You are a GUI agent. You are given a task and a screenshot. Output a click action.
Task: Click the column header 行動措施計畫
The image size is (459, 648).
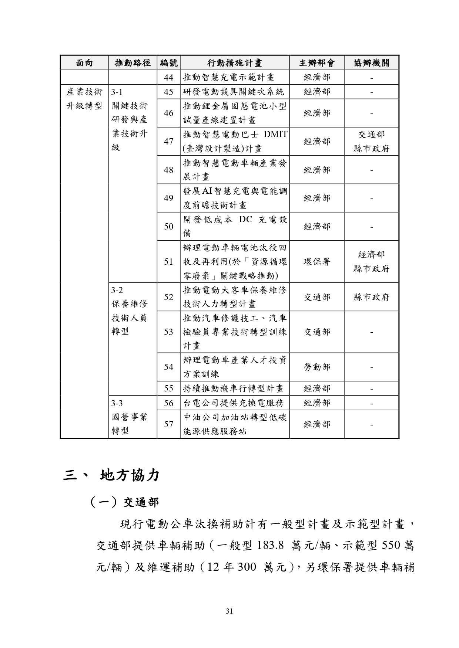pyautogui.click(x=234, y=63)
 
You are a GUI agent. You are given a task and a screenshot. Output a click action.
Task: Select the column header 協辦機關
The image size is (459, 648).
pyautogui.click(x=371, y=63)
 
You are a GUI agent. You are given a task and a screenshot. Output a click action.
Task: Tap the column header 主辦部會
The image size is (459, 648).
pyautogui.click(x=316, y=63)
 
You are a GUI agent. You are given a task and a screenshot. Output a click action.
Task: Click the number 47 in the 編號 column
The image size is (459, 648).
pyautogui.click(x=168, y=142)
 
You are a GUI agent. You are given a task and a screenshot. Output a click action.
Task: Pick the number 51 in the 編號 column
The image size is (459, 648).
pyautogui.click(x=168, y=262)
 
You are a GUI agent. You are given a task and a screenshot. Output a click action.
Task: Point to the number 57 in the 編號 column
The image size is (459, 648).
pyautogui.click(x=168, y=424)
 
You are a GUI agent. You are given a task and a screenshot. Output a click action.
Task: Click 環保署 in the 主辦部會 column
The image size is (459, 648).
pyautogui.click(x=316, y=262)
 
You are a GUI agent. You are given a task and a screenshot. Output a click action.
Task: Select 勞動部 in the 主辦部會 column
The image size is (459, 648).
pyautogui.click(x=316, y=367)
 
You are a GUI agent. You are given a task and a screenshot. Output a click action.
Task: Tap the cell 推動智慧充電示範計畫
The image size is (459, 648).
pyautogui.click(x=228, y=78)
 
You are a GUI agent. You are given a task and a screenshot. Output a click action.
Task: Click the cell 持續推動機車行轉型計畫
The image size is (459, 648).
pyautogui.click(x=233, y=389)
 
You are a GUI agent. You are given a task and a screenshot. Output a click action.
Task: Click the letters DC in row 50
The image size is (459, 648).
pyautogui.click(x=245, y=219)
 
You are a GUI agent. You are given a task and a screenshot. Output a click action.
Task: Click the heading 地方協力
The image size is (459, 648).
pyautogui.click(x=130, y=475)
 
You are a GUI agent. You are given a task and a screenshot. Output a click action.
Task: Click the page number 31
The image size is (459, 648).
pyautogui.click(x=229, y=611)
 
